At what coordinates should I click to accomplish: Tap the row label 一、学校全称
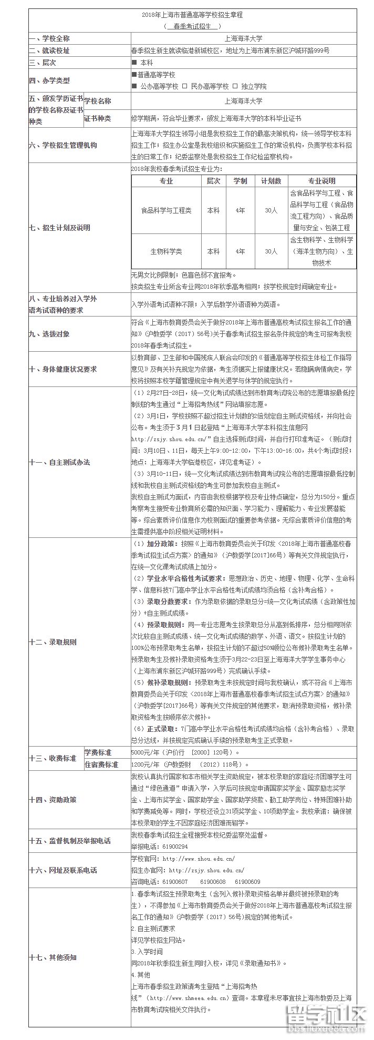coord(49,38)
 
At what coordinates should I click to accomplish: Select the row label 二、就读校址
coord(49,50)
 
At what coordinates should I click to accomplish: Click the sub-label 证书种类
coord(98,118)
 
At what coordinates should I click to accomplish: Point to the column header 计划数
coord(271,181)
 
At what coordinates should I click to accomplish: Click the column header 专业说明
coord(321,181)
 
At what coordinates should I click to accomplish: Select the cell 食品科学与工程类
coord(166,210)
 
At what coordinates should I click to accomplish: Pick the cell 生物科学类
coord(166,251)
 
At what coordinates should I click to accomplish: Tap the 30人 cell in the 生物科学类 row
coord(271,251)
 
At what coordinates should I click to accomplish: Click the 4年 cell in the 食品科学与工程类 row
coord(240,210)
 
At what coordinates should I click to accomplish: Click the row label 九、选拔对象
coord(49,334)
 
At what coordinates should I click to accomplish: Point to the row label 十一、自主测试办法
coord(60,462)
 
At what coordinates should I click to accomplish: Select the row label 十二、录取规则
coord(53,642)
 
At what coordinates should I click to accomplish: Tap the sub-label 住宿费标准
coord(101,764)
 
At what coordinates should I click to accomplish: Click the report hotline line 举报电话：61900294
coord(159,847)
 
